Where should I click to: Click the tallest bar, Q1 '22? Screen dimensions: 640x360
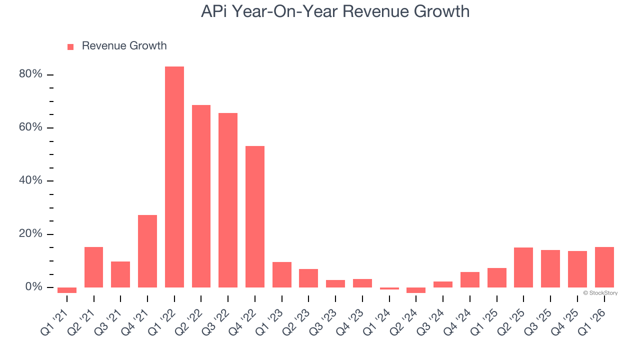174,177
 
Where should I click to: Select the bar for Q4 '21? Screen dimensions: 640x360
147,251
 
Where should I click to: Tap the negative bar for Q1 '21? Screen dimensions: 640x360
67,290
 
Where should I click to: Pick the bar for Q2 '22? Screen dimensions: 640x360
201,196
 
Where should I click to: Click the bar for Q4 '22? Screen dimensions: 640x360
255,216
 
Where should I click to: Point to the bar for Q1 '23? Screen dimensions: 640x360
282,274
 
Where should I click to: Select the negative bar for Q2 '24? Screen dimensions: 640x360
416,290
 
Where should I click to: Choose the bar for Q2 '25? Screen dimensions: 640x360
523,267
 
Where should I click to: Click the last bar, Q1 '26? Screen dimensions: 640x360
604,267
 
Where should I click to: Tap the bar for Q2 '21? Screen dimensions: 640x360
94,267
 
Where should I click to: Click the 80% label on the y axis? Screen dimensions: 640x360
30,74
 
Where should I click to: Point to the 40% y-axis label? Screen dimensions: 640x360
30,180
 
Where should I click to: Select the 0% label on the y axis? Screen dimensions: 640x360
33,287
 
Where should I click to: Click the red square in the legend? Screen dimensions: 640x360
70,46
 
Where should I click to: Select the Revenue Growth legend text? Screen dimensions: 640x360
124,46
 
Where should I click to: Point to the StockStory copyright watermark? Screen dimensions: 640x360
600,293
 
